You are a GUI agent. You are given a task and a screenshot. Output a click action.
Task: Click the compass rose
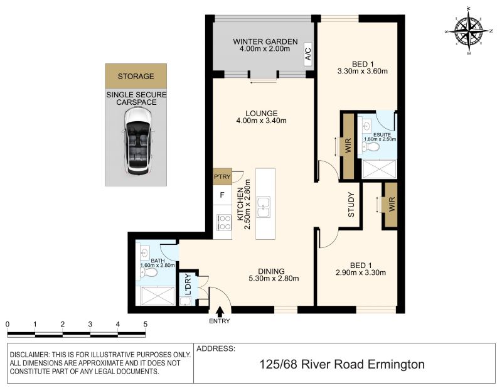coord(468,31)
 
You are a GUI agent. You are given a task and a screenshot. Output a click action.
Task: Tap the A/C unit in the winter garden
coord(308,54)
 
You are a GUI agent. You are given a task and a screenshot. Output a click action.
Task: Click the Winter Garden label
coord(265,41)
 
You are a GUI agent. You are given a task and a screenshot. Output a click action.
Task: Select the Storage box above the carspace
coord(136,75)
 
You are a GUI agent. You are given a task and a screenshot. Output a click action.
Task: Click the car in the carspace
coord(137,141)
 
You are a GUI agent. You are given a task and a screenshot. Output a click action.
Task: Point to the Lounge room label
coord(262,113)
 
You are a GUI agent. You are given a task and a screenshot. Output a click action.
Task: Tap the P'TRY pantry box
coord(222,176)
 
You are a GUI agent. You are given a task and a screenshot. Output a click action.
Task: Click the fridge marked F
coord(222,195)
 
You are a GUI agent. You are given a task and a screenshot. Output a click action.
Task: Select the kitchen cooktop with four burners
coord(224,222)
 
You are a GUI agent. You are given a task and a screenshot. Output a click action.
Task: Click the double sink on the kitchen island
coord(264,207)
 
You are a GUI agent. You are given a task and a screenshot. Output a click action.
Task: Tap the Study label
coord(351,205)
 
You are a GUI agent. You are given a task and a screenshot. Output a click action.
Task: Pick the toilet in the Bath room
coord(149,272)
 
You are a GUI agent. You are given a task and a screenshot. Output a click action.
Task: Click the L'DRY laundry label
coord(188,284)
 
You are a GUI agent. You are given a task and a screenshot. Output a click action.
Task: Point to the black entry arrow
coord(220,311)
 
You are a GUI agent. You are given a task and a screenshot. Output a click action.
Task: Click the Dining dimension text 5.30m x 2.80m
coord(274,278)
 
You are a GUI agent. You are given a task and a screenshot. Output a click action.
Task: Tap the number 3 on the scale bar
coord(90,324)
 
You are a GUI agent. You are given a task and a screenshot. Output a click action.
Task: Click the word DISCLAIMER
coord(29,355)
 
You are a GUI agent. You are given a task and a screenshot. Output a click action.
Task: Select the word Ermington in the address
coord(396,364)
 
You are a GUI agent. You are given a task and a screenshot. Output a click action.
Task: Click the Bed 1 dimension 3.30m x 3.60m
coord(363,71)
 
